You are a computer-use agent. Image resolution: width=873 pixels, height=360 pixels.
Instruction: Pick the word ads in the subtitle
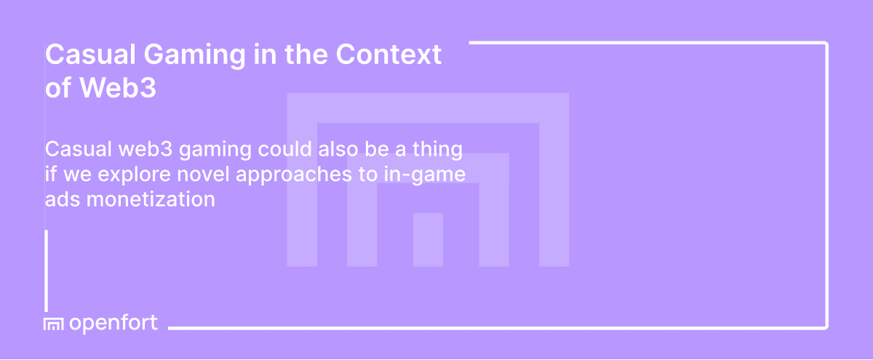[61, 199]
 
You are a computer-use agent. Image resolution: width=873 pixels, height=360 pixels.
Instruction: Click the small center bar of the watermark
[428, 239]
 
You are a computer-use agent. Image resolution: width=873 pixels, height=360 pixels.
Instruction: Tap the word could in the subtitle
[271, 150]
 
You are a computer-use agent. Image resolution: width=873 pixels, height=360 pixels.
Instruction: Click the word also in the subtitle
[321, 150]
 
